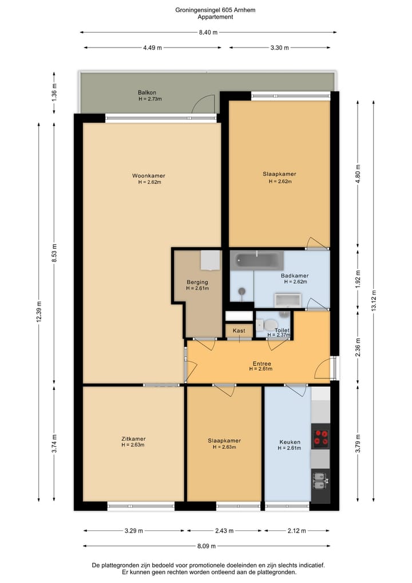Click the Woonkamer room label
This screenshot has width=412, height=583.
[148, 175]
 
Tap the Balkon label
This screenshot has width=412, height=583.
[147, 93]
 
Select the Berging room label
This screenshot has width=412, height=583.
[197, 282]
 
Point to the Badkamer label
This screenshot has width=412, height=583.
[295, 276]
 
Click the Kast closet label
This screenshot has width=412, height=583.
[239, 331]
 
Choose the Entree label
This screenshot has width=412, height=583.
[262, 363]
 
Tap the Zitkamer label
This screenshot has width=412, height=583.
[133, 439]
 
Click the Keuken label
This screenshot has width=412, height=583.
[290, 442]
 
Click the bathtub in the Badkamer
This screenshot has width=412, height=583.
[257, 260]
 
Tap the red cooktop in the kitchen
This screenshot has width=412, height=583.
[320, 437]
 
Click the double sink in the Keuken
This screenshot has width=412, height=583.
[319, 481]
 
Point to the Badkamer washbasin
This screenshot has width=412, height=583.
[288, 300]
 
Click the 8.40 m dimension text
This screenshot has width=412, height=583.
[208, 32]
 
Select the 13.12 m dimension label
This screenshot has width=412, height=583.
[374, 300]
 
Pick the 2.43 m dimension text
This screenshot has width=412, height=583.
[224, 531]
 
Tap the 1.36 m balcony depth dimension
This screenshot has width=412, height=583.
[54, 93]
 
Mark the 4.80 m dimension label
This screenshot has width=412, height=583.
[358, 174]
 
